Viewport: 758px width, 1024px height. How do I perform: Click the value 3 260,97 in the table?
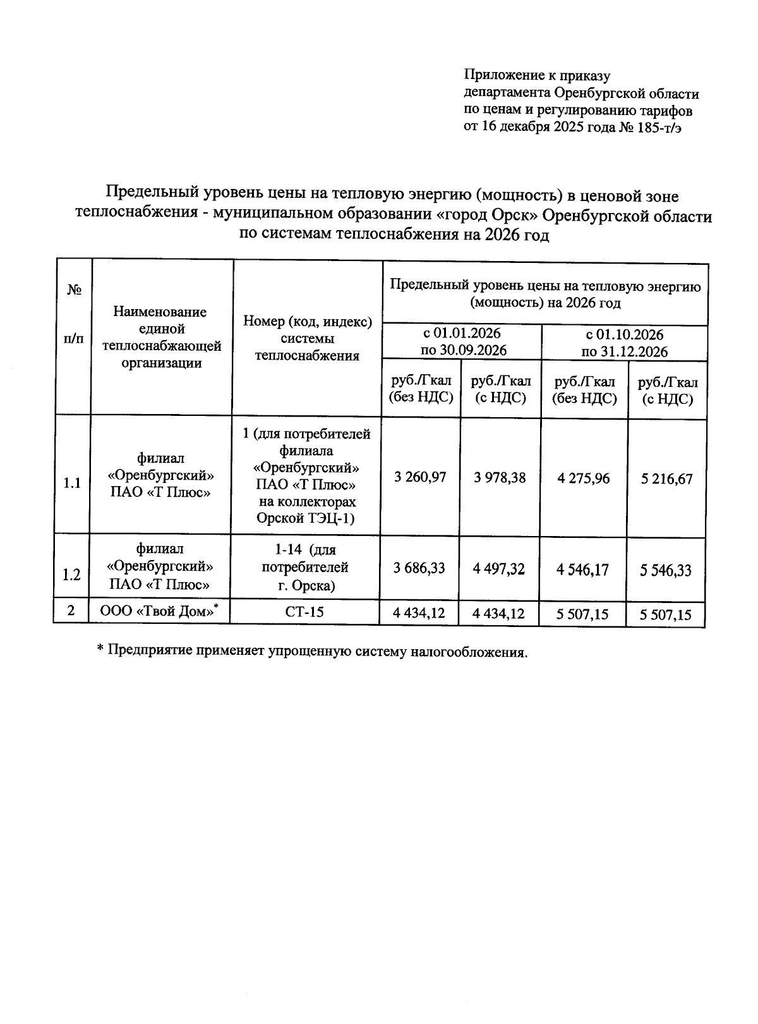(x=420, y=477)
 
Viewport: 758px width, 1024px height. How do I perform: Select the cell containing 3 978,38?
(x=500, y=477)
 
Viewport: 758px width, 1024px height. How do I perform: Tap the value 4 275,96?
(x=584, y=478)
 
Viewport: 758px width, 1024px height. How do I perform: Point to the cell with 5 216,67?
(x=666, y=479)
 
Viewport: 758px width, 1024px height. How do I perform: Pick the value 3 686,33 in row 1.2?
(x=419, y=568)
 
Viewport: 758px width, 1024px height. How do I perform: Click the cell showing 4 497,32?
(x=499, y=569)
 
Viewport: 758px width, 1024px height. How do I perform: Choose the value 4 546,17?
(x=582, y=570)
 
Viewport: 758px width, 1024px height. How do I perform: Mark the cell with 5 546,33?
(x=666, y=571)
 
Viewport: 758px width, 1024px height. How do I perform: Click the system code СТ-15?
(x=304, y=611)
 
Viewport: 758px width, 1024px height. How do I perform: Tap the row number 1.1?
(x=72, y=484)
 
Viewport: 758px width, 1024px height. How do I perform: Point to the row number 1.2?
(x=71, y=575)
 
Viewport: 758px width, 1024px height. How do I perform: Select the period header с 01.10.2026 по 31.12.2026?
(x=624, y=343)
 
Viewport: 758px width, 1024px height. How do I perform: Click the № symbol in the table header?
(x=74, y=290)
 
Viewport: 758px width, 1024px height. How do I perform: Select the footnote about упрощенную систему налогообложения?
(x=312, y=651)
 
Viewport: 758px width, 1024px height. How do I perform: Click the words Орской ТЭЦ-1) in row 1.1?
(x=306, y=518)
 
